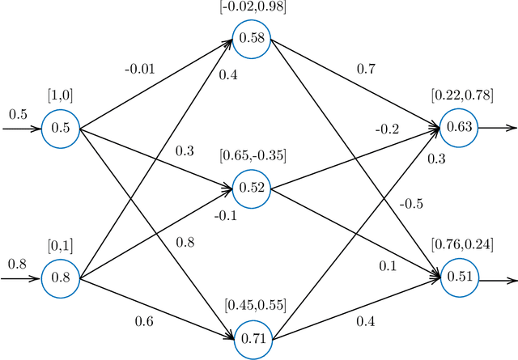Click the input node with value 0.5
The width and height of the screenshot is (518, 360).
click(61, 128)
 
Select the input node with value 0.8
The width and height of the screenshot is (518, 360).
click(61, 277)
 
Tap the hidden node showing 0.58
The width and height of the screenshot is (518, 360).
click(251, 38)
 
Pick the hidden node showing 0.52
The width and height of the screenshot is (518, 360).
click(251, 187)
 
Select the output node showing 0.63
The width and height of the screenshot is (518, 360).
click(459, 127)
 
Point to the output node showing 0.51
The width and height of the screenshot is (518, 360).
click(459, 277)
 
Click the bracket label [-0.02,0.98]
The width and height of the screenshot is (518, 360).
click(251, 6)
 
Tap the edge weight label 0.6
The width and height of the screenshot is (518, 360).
click(144, 322)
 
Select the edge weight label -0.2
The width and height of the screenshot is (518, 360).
click(387, 129)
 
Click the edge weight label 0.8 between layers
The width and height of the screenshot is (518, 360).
click(185, 242)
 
